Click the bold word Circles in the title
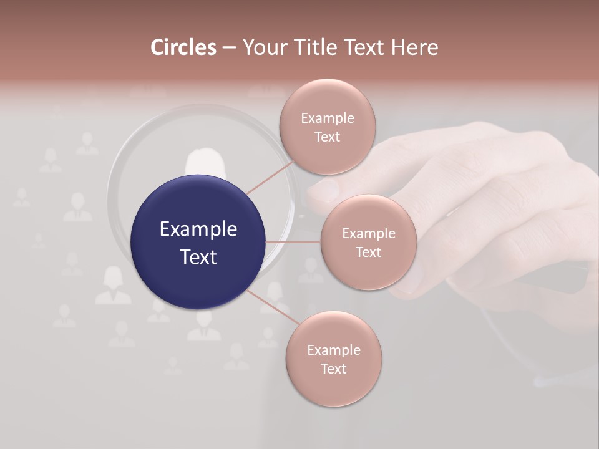pyautogui.click(x=183, y=47)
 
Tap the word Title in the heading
pyautogui.click(x=318, y=47)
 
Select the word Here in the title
pyautogui.click(x=416, y=47)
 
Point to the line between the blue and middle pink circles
pyautogui.click(x=293, y=242)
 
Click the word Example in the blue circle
pyautogui.click(x=198, y=229)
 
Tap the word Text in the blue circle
pyautogui.click(x=198, y=257)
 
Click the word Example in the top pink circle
pyautogui.click(x=328, y=118)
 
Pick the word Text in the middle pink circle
pyautogui.click(x=368, y=252)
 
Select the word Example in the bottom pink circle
pyautogui.click(x=334, y=350)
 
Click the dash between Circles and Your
pyautogui.click(x=229, y=48)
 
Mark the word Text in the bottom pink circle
pyautogui.click(x=334, y=369)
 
